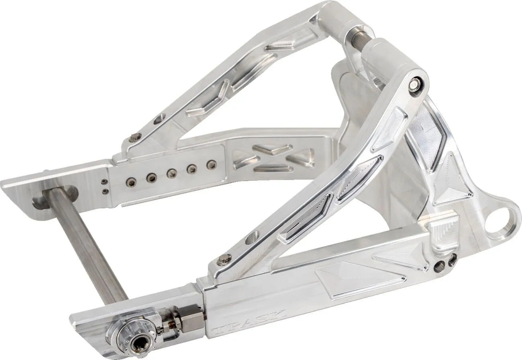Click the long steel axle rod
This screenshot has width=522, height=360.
click(86, 245)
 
